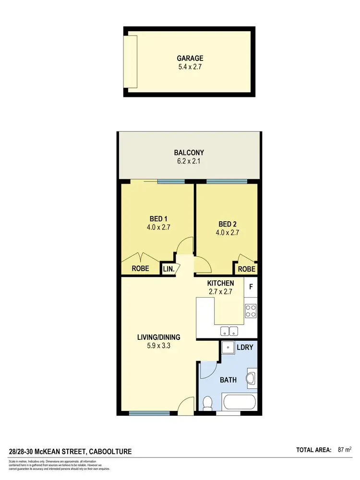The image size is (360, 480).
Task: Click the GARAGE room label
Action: (190, 59)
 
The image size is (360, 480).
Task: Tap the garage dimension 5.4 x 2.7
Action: (190, 67)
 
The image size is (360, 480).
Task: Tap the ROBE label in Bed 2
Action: (246, 269)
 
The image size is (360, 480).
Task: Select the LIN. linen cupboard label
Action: (168, 269)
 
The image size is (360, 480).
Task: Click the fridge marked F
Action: (250, 288)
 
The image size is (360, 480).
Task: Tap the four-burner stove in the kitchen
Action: (251, 311)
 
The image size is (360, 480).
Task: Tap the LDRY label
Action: (245, 347)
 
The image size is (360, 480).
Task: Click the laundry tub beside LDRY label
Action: (228, 347)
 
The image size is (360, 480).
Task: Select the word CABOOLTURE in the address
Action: (110, 452)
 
